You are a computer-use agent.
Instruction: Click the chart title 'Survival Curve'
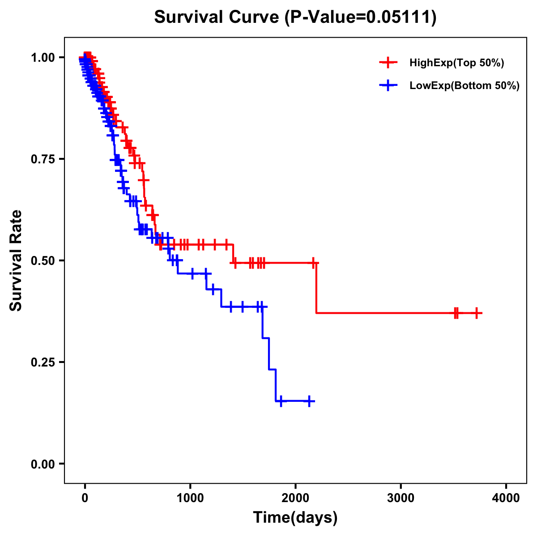(217, 17)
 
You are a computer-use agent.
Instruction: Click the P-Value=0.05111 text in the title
(361, 17)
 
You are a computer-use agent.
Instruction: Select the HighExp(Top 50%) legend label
(456, 63)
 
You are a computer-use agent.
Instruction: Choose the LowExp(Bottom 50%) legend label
(465, 85)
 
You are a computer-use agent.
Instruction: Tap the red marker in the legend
(388, 63)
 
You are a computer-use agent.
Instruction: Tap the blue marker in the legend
(388, 85)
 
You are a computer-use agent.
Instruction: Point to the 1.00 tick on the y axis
(42, 58)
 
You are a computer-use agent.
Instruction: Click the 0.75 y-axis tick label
(42, 159)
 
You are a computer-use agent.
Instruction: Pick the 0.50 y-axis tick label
(42, 260)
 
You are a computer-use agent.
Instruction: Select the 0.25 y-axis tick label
(42, 362)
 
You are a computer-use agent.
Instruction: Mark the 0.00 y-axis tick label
(42, 464)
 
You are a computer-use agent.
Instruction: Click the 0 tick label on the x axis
(85, 498)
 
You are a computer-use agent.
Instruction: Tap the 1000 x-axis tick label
(190, 498)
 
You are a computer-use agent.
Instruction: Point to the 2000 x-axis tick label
(295, 498)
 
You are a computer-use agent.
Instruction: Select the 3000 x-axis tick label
(401, 498)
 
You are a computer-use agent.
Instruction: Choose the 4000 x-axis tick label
(506, 498)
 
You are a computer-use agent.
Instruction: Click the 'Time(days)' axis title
(295, 518)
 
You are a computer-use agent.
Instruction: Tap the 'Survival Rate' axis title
(16, 260)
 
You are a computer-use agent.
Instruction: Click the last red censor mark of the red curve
(477, 313)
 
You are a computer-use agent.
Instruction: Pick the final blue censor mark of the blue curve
(309, 401)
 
